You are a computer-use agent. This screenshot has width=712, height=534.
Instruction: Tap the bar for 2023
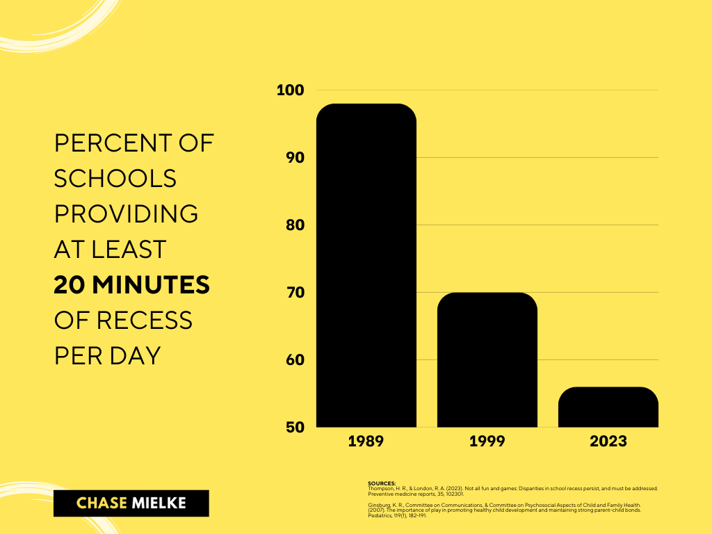(x=608, y=407)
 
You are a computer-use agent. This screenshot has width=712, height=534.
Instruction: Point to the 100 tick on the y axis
(x=290, y=90)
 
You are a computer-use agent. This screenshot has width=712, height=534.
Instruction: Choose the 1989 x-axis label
(x=366, y=442)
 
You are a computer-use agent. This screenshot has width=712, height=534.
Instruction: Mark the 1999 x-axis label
(x=487, y=442)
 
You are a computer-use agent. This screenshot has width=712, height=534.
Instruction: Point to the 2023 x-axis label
(x=608, y=442)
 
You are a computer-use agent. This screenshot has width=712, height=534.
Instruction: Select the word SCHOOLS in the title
(x=115, y=179)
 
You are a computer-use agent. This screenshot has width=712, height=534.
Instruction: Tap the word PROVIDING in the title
(x=127, y=214)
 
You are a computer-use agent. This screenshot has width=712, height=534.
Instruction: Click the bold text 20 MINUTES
(x=132, y=284)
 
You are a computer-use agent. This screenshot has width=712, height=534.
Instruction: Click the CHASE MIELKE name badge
(x=131, y=503)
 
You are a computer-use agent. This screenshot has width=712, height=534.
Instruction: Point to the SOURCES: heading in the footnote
(x=382, y=483)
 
